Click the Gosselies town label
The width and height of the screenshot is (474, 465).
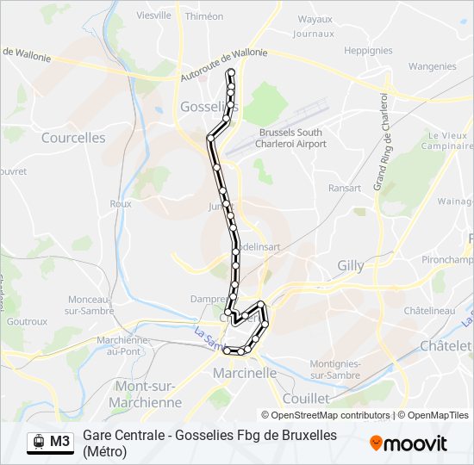(204, 107)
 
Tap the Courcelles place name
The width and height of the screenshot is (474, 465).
(73, 138)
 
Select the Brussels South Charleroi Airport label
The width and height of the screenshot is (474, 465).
(291, 138)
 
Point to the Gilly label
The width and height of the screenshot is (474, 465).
(351, 266)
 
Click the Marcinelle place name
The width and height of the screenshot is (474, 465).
(245, 373)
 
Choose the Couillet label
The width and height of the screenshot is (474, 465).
(305, 399)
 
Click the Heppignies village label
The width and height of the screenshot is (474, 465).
(368, 51)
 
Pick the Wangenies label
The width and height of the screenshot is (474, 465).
(432, 66)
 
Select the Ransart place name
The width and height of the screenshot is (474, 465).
(345, 188)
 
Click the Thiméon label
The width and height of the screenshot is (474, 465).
(204, 16)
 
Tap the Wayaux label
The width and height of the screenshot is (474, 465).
(315, 19)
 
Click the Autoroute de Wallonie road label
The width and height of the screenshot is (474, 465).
(224, 65)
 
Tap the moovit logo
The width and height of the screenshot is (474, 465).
(409, 443)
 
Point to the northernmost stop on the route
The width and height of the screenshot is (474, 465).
(230, 73)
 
